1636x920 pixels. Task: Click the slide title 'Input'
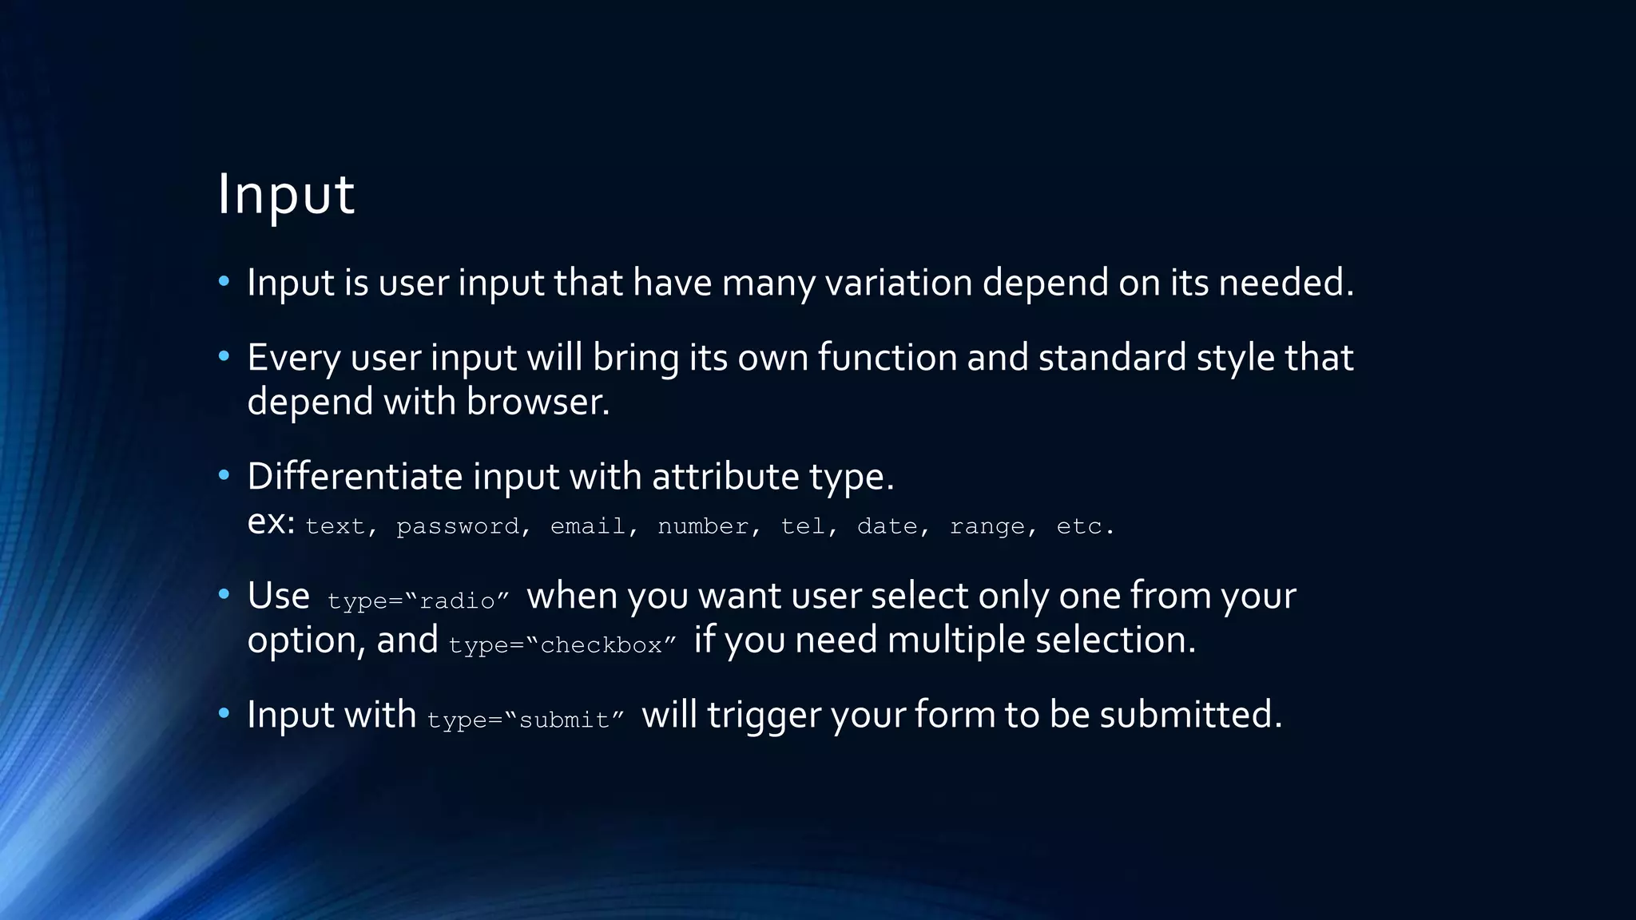pos(285,194)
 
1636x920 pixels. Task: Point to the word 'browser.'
pos(538,402)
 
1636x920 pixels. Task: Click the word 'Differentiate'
pos(355,477)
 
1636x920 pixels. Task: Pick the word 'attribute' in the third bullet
pos(725,477)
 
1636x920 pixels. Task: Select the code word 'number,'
pos(709,526)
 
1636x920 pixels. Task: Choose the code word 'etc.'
pos(1085,526)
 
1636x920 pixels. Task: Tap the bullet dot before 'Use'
pos(224,594)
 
